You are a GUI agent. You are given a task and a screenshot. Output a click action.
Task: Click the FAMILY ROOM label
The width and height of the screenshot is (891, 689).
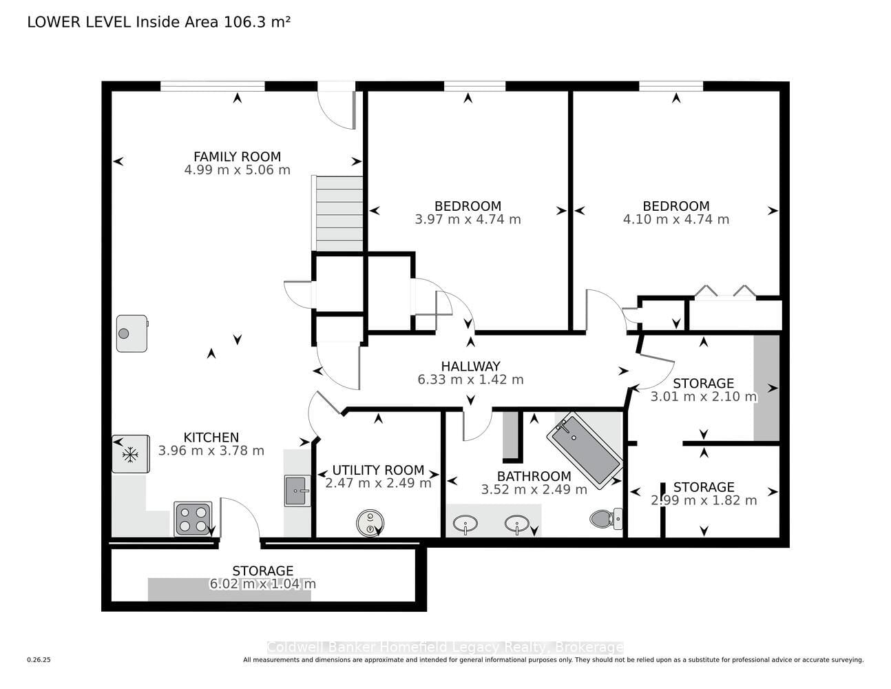coord(237,156)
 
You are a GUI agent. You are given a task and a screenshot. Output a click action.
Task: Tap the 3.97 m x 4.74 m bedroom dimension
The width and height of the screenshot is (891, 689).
coord(468,219)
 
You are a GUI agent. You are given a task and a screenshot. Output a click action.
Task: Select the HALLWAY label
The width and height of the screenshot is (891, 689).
coord(471,366)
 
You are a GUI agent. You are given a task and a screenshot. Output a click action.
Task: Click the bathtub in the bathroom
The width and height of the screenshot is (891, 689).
coord(585,451)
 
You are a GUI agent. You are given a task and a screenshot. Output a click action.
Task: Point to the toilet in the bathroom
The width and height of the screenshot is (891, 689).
coord(607,519)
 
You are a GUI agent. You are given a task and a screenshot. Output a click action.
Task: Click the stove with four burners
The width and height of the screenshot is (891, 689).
coord(193,519)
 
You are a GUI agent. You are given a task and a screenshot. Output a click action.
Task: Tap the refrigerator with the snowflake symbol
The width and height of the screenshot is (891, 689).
coord(131,454)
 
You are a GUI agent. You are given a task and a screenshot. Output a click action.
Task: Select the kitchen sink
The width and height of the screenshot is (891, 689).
coord(297,491)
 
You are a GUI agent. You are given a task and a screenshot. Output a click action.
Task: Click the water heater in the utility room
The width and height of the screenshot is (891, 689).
coord(370,523)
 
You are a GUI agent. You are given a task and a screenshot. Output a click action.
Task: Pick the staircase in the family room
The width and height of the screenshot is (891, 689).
coord(337,214)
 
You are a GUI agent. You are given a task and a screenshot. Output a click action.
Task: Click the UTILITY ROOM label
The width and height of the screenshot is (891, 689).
coord(378,470)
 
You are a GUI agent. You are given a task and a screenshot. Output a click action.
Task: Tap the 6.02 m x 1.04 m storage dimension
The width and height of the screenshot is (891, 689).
coord(263,584)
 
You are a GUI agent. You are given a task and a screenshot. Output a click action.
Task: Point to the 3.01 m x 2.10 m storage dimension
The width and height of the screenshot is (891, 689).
coord(704,397)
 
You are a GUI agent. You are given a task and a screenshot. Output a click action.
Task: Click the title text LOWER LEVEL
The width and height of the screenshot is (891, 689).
coord(79,22)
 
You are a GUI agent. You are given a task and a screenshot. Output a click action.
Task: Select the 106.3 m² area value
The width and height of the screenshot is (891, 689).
coord(257,22)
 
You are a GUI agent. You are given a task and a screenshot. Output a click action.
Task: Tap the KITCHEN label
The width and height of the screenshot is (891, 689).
coord(211,438)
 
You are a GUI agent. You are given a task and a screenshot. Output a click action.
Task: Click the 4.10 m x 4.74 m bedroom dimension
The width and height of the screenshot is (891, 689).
coord(676,219)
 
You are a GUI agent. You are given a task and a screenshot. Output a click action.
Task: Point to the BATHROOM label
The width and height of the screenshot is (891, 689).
coord(534,476)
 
